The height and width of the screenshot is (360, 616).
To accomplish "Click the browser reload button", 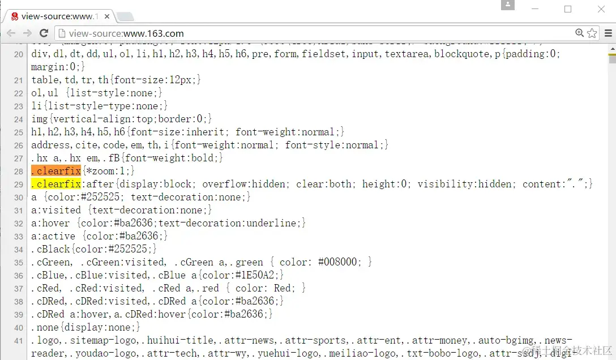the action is point(44,33).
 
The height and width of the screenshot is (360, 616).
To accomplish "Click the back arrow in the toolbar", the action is point(11,33).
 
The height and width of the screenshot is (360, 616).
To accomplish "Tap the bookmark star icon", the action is point(592,33).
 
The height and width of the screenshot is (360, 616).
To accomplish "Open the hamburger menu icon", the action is point(608,33).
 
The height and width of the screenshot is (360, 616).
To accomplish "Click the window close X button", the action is point(601,9).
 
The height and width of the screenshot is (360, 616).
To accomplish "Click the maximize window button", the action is point(568,9).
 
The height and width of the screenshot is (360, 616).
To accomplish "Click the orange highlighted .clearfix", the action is point(56,171).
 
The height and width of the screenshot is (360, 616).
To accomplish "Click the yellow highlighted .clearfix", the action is point(56,184).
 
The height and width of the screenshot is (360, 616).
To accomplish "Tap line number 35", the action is point(19,263).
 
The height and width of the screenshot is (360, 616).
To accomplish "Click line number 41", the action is point(19,341).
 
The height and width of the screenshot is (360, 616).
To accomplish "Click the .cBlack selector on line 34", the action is point(51,249).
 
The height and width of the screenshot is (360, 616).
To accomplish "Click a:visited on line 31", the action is point(56,210).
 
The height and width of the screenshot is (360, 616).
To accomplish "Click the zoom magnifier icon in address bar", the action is point(579,33).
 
